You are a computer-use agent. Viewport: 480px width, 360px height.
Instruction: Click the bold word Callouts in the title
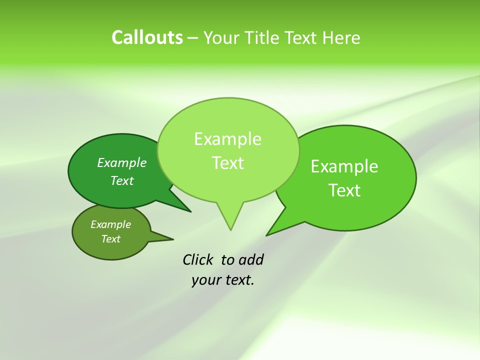click(x=147, y=38)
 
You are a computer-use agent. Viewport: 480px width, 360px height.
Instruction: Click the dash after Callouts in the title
click(x=193, y=38)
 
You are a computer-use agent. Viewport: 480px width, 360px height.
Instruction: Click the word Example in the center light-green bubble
click(x=227, y=139)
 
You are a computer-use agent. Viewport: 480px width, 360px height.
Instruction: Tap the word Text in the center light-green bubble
click(x=228, y=163)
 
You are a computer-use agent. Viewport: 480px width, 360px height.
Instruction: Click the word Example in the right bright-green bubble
click(x=344, y=166)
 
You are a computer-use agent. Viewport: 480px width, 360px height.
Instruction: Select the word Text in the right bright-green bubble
click(x=344, y=190)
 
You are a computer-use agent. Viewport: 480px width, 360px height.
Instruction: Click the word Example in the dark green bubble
click(x=122, y=163)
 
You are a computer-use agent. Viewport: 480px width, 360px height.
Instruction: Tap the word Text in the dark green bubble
click(x=122, y=181)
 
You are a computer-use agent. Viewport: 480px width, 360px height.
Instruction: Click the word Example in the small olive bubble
click(x=110, y=224)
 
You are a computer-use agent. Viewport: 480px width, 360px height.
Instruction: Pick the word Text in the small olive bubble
click(x=110, y=239)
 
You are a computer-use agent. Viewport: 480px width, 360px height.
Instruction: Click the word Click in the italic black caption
click(x=198, y=260)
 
